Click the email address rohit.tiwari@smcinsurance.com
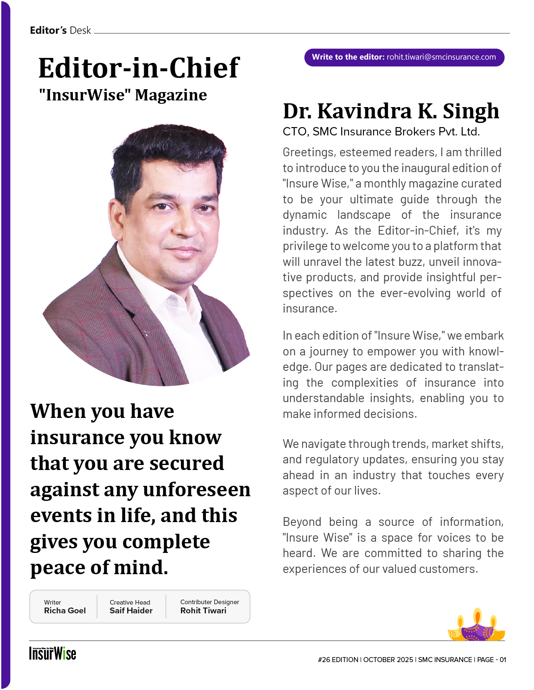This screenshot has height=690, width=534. coord(441,57)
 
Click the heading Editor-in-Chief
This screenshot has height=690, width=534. coord(139,68)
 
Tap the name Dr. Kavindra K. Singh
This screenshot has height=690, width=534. coord(391,111)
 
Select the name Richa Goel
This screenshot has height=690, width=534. coord(65,611)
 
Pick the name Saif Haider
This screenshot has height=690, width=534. coord(131,611)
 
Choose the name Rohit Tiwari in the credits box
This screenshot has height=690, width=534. coord(203,611)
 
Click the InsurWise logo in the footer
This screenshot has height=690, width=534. coord(53,653)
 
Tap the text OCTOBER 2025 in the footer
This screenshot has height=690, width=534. coord(388,660)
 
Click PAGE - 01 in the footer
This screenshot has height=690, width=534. coord(491,660)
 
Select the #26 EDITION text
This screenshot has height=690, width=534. coord(338,660)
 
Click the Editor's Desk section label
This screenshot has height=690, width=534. coord(60,30)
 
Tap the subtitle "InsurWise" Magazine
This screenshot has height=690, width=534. coord(123,95)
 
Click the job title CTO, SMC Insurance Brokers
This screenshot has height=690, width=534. coord(381,132)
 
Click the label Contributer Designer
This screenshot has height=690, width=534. coord(209,602)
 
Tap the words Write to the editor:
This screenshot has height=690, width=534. coord(348,57)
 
